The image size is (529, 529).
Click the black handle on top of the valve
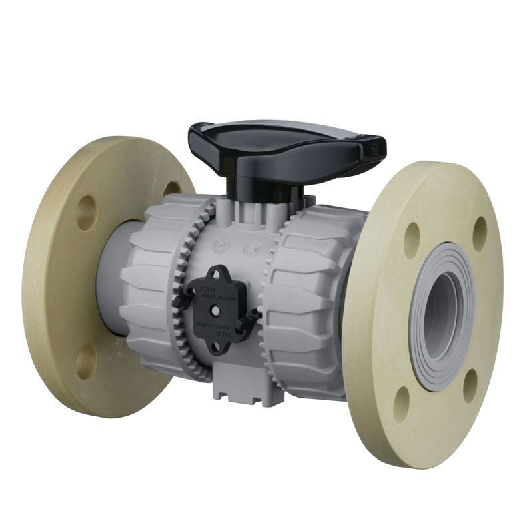click(286, 141)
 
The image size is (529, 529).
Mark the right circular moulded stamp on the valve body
click(251, 249)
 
